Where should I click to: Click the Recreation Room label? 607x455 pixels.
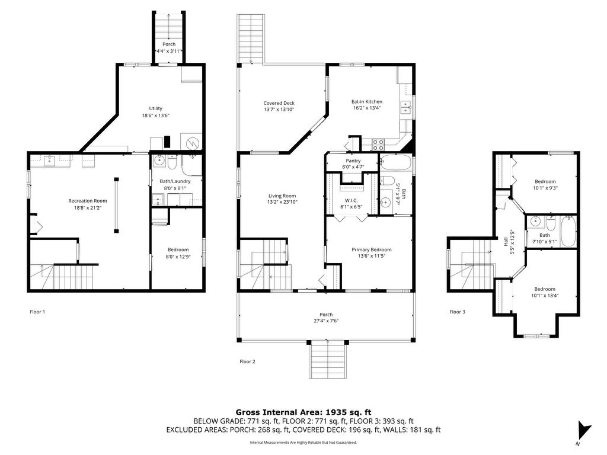[x=88, y=201]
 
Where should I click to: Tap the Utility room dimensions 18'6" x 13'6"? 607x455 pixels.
[x=156, y=116]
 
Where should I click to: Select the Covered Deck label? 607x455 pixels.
[x=279, y=103]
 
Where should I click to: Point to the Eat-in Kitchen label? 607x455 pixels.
[x=366, y=102]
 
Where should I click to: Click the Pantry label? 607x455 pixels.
[x=353, y=161]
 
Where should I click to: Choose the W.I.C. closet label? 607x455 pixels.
[x=351, y=200]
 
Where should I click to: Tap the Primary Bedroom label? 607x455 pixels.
[x=371, y=249]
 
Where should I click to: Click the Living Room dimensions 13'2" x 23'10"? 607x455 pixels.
[x=282, y=202]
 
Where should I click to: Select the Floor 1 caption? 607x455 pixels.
[x=37, y=312]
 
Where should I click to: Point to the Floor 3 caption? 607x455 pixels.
[x=457, y=312]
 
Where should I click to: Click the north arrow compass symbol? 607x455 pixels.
[x=584, y=430]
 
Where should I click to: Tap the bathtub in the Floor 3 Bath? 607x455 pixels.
[x=568, y=232]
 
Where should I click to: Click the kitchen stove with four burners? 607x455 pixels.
[x=378, y=145]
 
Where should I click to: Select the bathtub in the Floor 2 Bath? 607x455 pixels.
[x=395, y=162]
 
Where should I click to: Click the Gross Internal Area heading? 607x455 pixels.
[x=303, y=412]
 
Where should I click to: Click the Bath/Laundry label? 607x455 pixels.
[x=175, y=181]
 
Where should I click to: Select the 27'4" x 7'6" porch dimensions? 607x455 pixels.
[x=326, y=321]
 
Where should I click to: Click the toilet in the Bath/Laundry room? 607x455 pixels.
[x=172, y=162]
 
